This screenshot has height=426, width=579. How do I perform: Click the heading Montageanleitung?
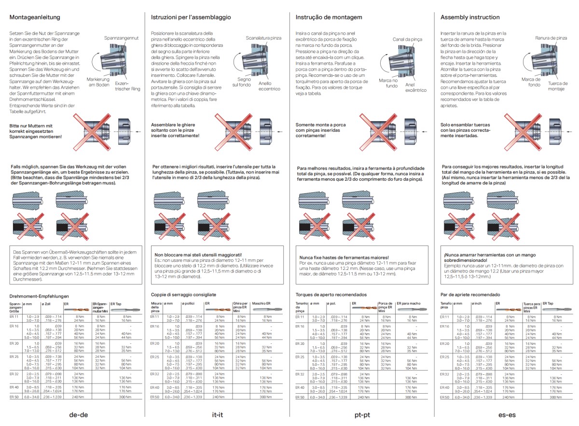[34, 17]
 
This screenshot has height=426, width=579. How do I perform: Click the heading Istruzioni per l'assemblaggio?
[191, 17]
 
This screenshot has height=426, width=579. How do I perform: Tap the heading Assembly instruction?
[470, 17]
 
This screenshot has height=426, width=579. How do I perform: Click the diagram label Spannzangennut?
[122, 37]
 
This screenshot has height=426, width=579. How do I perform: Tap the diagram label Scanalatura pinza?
[263, 37]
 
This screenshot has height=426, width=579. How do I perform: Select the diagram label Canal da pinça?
[408, 39]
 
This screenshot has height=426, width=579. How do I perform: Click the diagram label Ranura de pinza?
[551, 37]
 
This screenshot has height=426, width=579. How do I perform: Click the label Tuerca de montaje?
[557, 86]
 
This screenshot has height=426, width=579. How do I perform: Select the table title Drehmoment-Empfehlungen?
[39, 296]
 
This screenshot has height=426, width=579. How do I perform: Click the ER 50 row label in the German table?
[14, 397]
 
